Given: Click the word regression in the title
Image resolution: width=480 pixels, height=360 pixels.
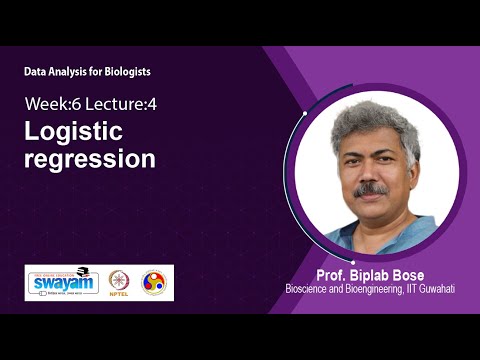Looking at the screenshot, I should coord(90,159).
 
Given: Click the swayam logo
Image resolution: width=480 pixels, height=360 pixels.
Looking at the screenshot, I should coord(62,282).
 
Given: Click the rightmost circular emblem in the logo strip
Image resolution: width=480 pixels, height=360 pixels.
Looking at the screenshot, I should coord(154,282).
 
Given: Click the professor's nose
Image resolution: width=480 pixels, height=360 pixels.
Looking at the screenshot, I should coord(371,174).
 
